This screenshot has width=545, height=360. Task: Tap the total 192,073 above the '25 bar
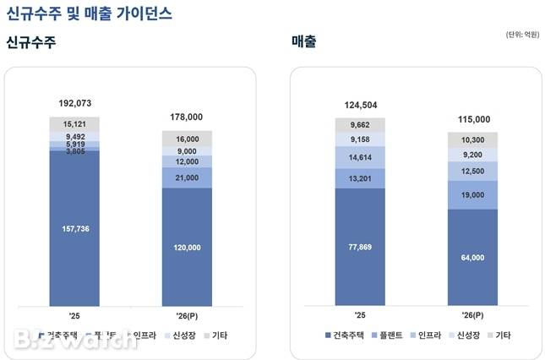74,104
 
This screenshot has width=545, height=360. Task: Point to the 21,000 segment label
187,178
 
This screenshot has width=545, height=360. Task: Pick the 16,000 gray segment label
187,139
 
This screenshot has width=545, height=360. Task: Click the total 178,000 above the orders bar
187,117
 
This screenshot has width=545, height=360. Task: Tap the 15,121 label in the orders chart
74,123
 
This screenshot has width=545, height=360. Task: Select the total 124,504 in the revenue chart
359,105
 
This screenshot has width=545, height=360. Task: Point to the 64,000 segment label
472,259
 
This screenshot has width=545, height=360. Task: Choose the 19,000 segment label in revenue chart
472,195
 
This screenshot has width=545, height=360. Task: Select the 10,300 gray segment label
472,139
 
